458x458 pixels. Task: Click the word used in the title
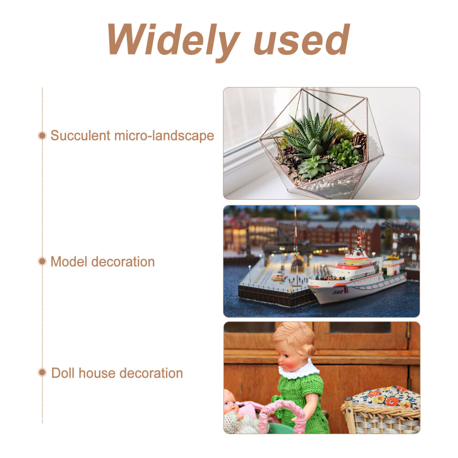pyautogui.click(x=302, y=39)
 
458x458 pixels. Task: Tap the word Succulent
pyautogui.click(x=80, y=136)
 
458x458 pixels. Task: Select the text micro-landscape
pyautogui.click(x=164, y=136)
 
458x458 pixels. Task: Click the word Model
pyautogui.click(x=69, y=262)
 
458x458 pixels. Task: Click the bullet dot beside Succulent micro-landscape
pyautogui.click(x=43, y=136)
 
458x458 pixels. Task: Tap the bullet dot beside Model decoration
pyautogui.click(x=43, y=261)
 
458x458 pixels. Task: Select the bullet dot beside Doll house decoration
pyautogui.click(x=43, y=372)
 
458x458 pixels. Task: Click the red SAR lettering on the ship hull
pyautogui.click(x=338, y=292)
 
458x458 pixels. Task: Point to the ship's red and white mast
pyautogui.click(x=361, y=239)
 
